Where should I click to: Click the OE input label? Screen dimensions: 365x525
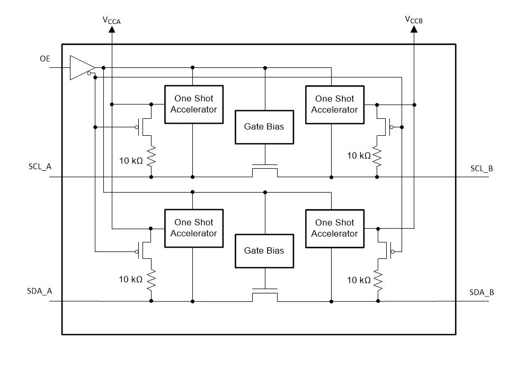45,58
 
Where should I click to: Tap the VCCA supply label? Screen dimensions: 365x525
112,20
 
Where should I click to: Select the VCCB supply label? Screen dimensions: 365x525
414,20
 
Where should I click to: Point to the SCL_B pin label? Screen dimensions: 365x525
482,168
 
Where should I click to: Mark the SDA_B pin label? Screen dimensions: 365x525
482,292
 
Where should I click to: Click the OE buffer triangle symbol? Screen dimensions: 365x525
81,68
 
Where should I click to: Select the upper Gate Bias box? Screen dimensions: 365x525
264,127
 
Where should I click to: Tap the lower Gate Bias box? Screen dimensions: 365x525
264,251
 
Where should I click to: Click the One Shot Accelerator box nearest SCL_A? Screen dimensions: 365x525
192,104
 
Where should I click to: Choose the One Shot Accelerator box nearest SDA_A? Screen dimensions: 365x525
192,228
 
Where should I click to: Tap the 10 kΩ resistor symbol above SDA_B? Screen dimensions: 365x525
378,280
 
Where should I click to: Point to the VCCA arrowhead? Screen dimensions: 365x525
112,30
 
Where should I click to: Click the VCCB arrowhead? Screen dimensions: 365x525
414,30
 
